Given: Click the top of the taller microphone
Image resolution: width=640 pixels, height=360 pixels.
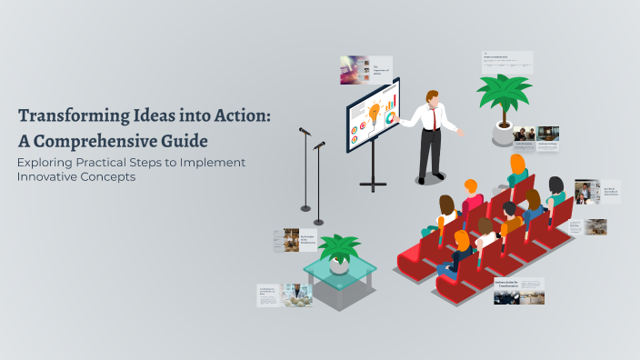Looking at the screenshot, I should click(x=304, y=132).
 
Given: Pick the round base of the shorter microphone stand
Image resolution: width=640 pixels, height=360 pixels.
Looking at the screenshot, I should click(x=318, y=222).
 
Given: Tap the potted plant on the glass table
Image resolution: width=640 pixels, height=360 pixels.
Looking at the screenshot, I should click(x=340, y=251).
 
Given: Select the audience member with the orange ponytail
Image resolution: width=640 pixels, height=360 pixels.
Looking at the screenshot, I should click(x=518, y=169).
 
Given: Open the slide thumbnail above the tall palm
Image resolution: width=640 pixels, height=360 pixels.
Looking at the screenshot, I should click(x=507, y=62).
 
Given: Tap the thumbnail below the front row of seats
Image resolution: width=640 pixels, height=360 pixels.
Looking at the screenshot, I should click(x=519, y=291).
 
